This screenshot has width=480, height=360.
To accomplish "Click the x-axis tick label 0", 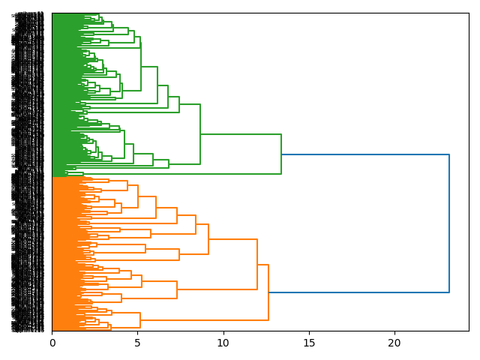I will [x=52, y=343].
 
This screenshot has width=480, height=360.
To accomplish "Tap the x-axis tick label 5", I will [x=137, y=343].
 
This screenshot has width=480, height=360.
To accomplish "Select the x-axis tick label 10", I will [x=223, y=343].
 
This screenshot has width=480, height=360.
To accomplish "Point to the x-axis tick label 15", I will [x=308, y=343].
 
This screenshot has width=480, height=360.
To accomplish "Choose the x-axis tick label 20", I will [x=394, y=343].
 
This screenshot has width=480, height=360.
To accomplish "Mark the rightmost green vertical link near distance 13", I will [x=281, y=154].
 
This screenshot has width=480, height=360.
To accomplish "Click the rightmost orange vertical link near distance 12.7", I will [x=268, y=292].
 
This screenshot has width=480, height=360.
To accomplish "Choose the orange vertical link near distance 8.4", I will [x=196, y=225].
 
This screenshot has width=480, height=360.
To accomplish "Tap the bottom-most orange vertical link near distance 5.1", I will [x=140, y=320].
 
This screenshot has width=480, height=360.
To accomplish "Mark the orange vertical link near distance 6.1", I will [x=156, y=206].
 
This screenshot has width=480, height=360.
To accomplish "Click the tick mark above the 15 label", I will [x=308, y=333].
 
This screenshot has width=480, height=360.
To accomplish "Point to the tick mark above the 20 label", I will [x=394, y=333].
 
